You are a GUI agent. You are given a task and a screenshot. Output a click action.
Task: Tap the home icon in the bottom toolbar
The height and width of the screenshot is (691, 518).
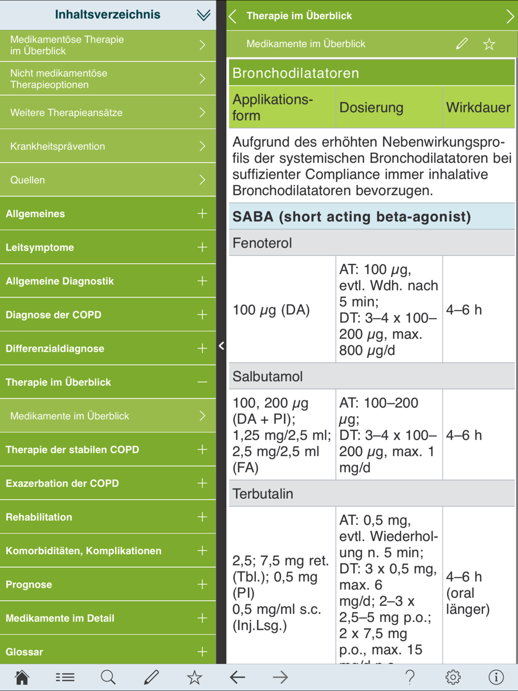point(22,677)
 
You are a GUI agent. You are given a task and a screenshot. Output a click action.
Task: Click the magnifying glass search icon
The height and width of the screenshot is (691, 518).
point(108,677)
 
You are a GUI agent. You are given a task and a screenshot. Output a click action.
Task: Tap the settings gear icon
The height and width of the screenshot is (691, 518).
point(453,677)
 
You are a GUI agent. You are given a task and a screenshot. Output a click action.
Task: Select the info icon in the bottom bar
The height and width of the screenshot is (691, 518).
point(496,677)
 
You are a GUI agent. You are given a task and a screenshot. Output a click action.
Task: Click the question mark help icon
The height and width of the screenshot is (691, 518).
point(410,677)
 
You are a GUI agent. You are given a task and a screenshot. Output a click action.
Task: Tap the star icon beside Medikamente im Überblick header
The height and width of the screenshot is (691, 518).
point(488,44)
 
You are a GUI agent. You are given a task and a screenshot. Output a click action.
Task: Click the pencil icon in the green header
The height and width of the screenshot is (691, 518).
point(462,44)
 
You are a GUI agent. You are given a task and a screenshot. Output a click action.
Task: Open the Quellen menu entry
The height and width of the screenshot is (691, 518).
point(108,180)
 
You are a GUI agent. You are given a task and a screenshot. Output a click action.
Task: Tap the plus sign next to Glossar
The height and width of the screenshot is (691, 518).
point(202,652)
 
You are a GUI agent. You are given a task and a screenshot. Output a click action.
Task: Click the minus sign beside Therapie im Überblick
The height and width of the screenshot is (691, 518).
point(202,382)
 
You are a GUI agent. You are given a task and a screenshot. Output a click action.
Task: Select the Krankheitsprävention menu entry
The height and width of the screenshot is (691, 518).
point(108,147)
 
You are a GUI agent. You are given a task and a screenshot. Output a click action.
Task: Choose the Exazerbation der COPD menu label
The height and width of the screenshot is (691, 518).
point(62,483)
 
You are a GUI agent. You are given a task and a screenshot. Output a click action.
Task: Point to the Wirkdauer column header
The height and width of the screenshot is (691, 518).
point(478,107)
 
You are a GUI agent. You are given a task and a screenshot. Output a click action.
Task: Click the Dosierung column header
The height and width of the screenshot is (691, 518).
point(371,107)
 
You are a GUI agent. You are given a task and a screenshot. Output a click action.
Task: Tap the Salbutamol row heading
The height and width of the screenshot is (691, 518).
point(267,377)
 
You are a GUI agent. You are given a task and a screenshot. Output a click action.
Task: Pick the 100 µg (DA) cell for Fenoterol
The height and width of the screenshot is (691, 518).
point(271,310)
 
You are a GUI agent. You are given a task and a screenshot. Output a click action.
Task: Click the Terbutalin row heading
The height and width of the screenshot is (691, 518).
point(263,494)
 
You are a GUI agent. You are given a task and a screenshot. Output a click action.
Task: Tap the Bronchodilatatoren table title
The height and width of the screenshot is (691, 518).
point(296,73)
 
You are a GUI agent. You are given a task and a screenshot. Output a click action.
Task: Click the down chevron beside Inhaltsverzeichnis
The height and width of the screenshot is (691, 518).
point(203,15)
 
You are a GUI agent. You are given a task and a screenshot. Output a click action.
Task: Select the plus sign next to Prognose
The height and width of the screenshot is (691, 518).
point(202,584)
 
